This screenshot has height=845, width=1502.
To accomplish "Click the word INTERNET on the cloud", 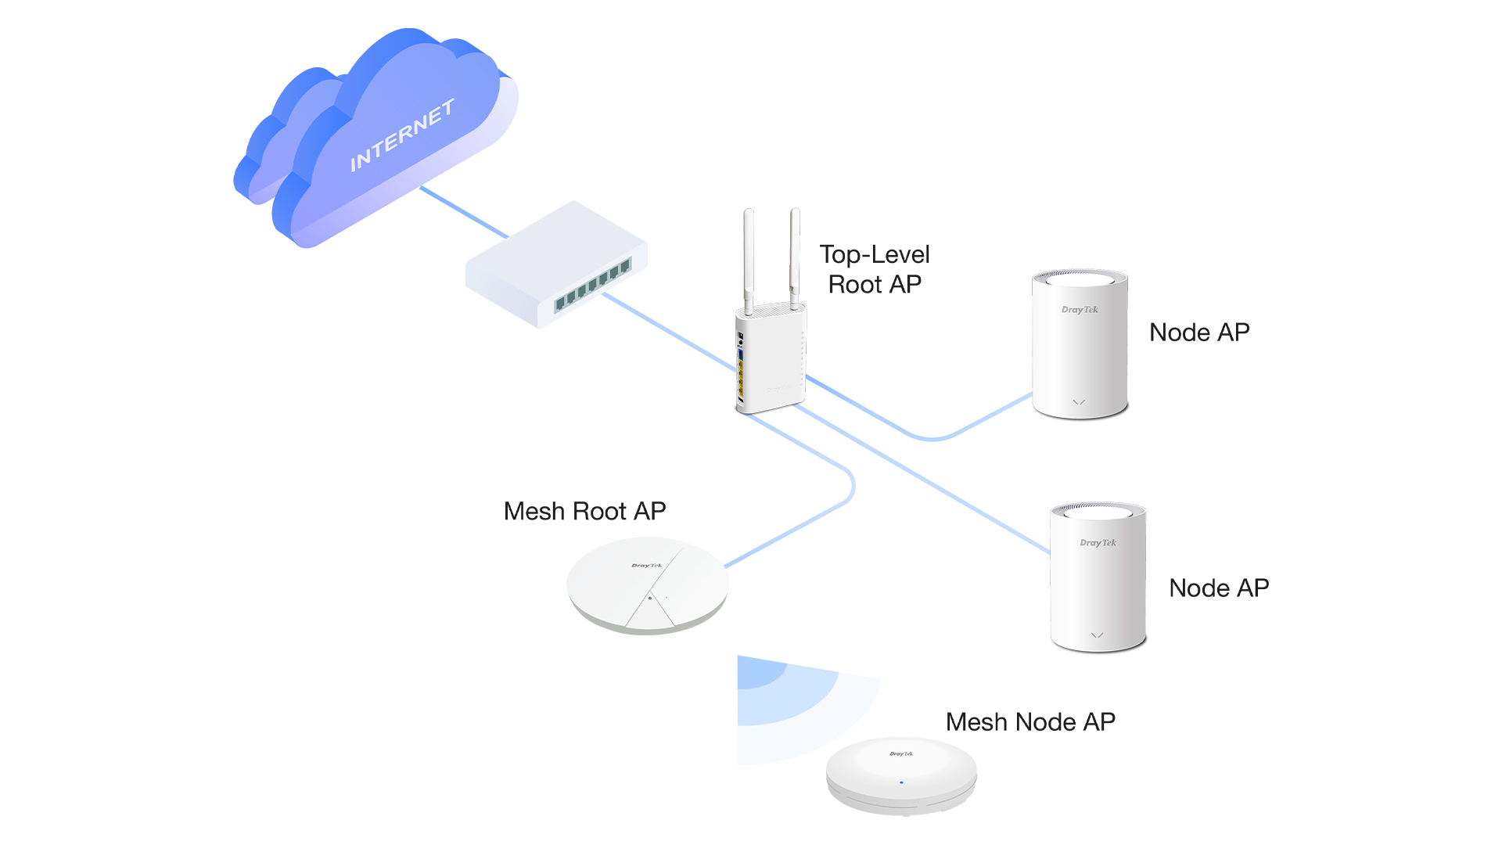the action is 402,135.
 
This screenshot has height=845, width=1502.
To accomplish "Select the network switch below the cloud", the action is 556,264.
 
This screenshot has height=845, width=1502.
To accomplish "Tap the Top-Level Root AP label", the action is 875,269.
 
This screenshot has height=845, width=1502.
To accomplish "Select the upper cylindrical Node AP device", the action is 1080,344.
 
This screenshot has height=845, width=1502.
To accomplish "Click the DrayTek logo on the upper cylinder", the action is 1080,310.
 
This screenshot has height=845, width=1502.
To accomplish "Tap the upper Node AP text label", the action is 1199,333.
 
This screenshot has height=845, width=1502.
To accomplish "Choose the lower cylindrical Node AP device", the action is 1098,577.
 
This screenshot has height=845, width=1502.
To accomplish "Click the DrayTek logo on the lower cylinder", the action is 1098,542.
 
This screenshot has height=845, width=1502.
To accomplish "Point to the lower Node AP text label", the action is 1219,588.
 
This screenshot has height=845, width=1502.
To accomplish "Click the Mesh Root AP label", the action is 584,511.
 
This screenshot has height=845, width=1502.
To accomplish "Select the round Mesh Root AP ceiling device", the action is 648,585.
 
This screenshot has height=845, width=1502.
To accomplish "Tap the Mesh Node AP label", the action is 1030,722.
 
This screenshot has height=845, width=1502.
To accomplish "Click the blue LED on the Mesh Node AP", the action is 901,782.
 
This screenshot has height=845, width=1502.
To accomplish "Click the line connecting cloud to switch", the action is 464,212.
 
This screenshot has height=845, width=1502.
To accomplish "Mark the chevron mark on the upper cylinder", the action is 1079,402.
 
